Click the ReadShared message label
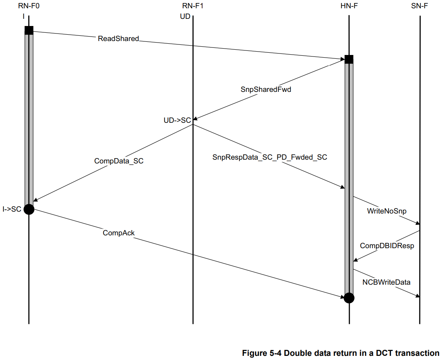[x=118, y=38]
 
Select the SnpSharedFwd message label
[x=266, y=90]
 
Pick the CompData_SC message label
[x=119, y=161]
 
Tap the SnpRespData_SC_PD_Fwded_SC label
[x=270, y=157]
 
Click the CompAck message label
[x=119, y=233]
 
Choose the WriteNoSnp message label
[x=387, y=211]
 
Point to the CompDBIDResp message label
[x=387, y=246]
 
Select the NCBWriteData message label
[x=386, y=282]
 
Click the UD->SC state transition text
[x=177, y=120]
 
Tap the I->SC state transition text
[x=12, y=209]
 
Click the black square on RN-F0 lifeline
[x=29, y=31]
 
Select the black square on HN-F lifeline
[x=349, y=59]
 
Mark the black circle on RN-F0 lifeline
[x=29, y=209]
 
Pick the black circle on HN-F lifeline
[x=349, y=298]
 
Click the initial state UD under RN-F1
[x=185, y=17]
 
